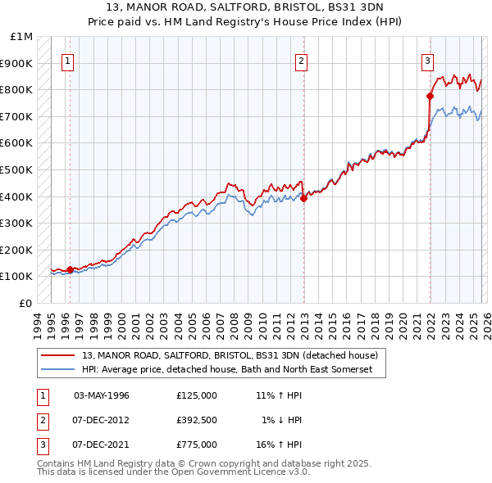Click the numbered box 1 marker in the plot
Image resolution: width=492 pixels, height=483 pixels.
coord(67,60)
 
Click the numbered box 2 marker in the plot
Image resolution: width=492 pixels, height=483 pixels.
coord(302,60)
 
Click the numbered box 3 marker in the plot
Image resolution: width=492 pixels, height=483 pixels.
coord(428,60)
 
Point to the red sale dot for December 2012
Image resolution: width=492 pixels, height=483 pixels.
coord(303,197)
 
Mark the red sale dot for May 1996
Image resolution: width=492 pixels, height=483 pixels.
coord(70,269)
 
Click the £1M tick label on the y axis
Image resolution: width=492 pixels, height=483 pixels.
coord(22,37)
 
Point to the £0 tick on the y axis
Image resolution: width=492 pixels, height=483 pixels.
coord(26,303)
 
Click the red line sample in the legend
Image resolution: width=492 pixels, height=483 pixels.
coord(59,355)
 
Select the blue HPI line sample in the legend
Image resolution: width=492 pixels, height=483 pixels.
coord(59,370)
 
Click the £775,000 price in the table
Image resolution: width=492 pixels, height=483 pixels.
coord(196,445)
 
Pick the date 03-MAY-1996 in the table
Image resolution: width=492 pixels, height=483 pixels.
coord(102,395)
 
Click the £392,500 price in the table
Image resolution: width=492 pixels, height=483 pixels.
coord(196,420)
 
